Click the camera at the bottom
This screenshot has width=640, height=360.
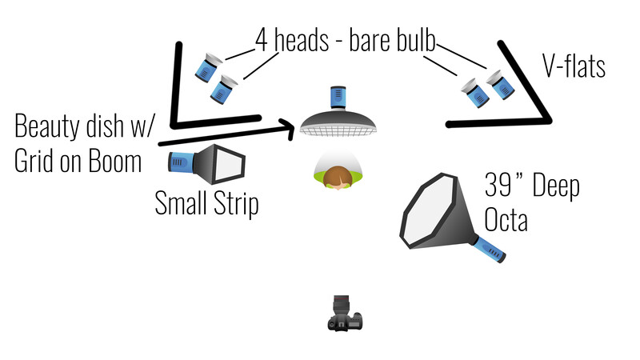pos(345,313)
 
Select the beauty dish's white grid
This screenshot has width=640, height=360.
pos(338,131)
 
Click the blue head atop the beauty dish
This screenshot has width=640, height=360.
pos(338,98)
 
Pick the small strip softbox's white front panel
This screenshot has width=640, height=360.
pos(229,164)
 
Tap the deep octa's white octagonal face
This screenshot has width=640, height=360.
pos(429,210)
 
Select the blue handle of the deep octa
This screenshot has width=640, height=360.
pos(490,249)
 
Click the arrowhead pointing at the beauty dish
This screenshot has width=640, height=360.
pos(287,129)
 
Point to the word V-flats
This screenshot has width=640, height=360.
pos(574,66)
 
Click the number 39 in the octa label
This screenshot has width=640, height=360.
pos(498,185)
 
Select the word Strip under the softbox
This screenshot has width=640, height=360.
pos(236,203)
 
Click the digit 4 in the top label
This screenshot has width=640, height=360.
pos(262,40)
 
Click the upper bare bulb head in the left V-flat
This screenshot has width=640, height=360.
pos(208,67)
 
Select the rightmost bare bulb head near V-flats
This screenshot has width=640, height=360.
pos(501,85)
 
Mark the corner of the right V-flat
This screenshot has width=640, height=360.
pos(548,121)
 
